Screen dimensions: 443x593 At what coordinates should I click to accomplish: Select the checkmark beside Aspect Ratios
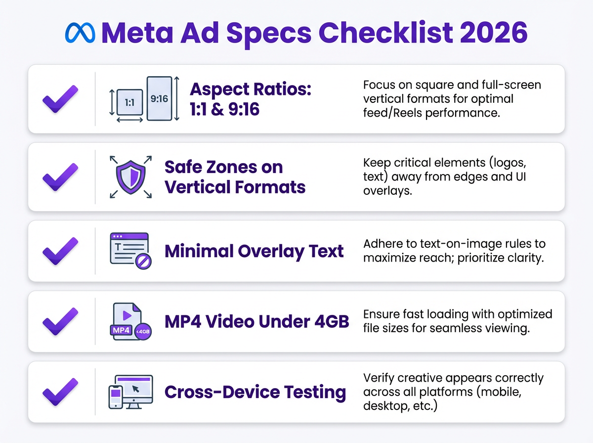click(x=60, y=99)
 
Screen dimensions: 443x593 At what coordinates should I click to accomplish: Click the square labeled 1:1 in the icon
click(x=130, y=103)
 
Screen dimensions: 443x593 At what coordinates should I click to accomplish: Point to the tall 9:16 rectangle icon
click(x=159, y=99)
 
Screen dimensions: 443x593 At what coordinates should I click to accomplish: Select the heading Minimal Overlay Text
click(x=254, y=251)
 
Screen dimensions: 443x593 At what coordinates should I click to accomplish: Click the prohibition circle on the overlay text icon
click(x=144, y=261)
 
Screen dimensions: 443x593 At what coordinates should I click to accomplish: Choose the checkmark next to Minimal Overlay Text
click(x=60, y=251)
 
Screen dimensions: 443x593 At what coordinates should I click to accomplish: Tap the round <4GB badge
click(x=143, y=332)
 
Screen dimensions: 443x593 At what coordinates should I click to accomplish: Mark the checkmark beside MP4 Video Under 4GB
click(x=60, y=322)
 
